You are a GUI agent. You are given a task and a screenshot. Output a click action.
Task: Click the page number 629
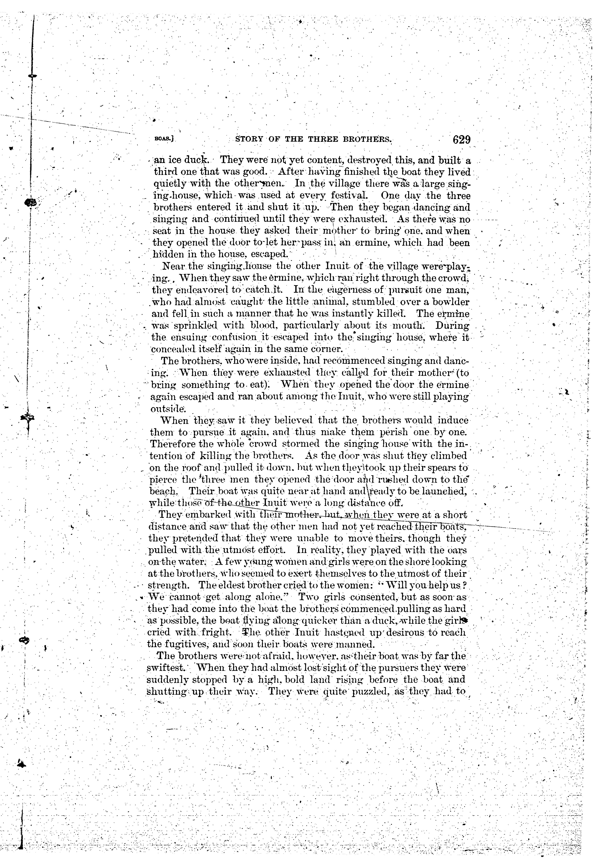(462, 140)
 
